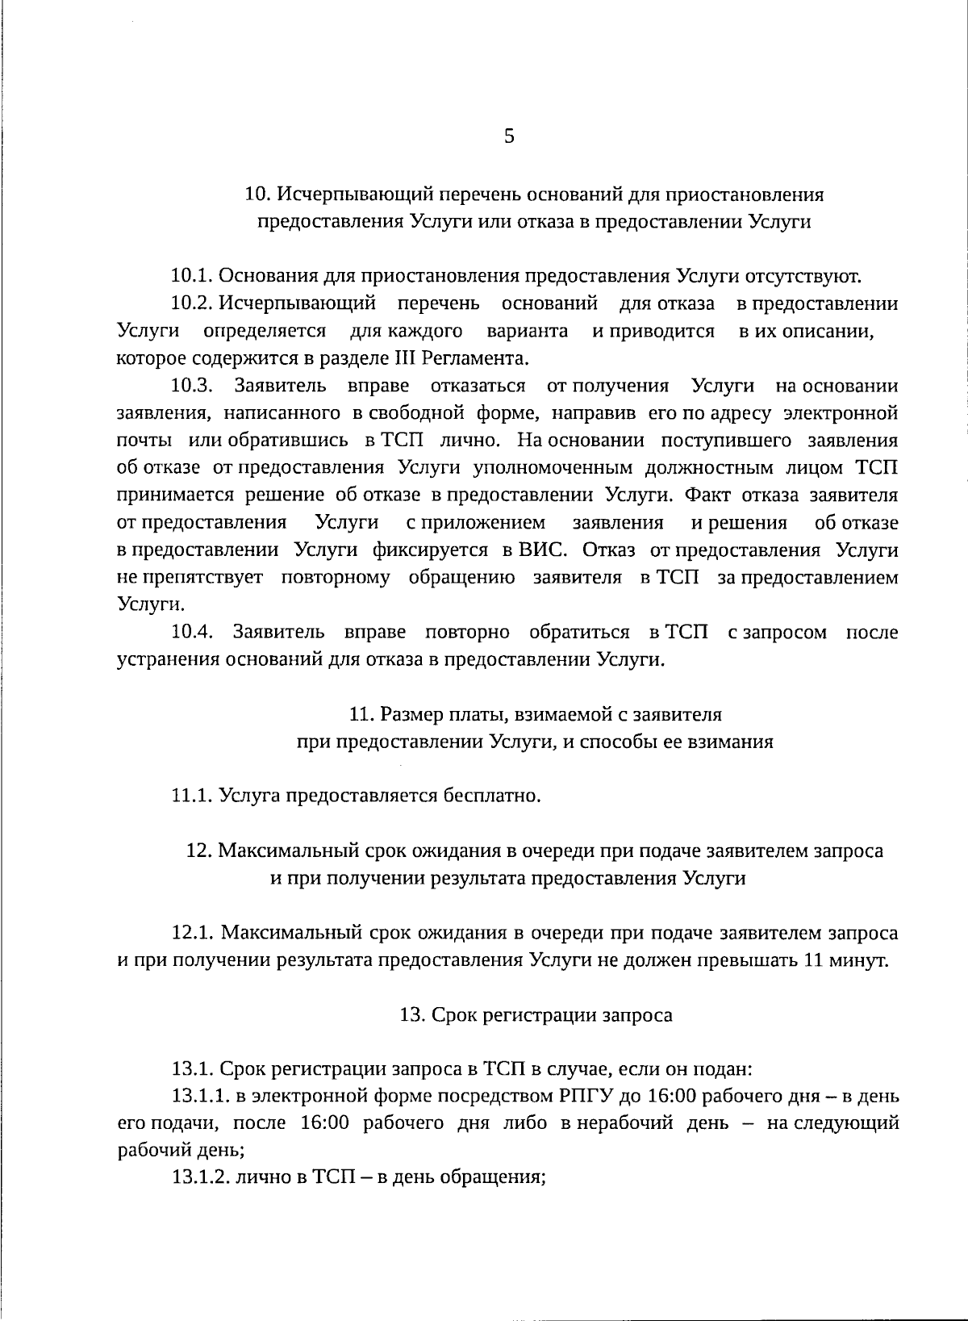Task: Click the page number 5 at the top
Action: click(x=509, y=136)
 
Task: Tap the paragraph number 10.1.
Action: click(x=191, y=277)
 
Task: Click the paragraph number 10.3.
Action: click(x=191, y=386)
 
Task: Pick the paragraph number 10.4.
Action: click(x=191, y=632)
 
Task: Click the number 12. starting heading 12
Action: click(x=198, y=851)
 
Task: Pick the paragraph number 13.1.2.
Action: click(x=201, y=1177)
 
